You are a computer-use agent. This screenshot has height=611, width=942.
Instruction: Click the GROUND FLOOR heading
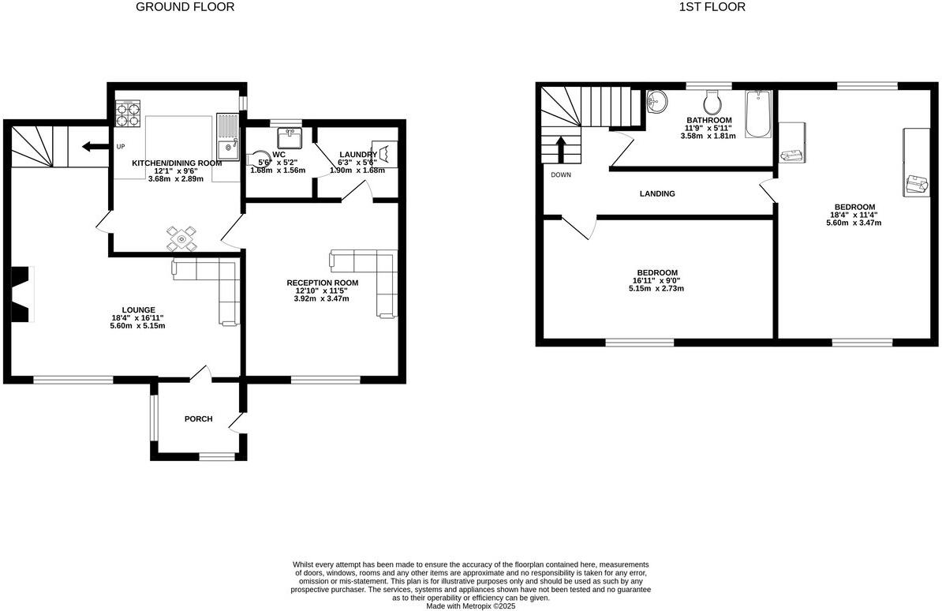(185, 7)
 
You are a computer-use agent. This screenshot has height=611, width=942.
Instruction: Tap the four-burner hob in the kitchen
(129, 115)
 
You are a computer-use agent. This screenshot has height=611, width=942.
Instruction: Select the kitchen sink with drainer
(227, 137)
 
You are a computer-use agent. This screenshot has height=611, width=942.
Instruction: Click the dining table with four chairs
(182, 238)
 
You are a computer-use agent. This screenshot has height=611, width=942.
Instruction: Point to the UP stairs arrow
(96, 146)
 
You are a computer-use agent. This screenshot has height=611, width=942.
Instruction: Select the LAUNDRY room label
(357, 154)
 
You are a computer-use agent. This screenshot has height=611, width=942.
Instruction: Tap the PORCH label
(198, 418)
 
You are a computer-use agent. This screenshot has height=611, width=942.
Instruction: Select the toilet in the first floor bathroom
(712, 102)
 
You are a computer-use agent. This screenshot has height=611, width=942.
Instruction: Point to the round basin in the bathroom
(656, 102)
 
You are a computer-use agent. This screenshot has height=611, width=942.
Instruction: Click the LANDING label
(656, 193)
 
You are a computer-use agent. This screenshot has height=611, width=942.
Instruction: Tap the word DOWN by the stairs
(561, 174)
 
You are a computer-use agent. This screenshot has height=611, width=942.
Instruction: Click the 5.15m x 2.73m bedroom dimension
(656, 288)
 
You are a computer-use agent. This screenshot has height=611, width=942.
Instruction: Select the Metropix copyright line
(470, 606)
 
